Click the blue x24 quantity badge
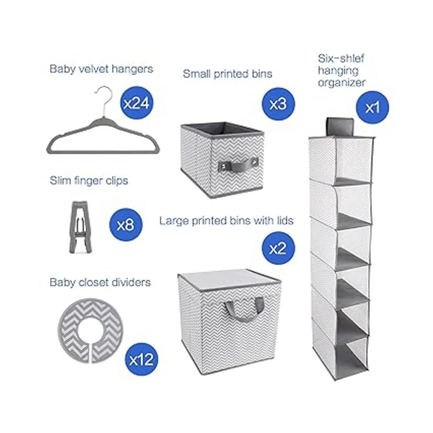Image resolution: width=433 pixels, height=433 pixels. click(137, 103)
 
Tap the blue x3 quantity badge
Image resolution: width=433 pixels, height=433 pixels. click(278, 104)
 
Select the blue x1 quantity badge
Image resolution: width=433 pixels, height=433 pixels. click(372, 108)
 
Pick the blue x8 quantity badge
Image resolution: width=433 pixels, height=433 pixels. click(126, 225)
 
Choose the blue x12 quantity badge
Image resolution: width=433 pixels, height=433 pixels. click(141, 359)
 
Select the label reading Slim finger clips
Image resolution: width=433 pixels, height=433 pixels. click(89, 181)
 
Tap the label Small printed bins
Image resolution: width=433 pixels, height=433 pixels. click(227, 74)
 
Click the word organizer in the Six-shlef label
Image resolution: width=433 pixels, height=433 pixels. click(342, 83)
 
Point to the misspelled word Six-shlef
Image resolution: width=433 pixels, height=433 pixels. click(341, 58)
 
